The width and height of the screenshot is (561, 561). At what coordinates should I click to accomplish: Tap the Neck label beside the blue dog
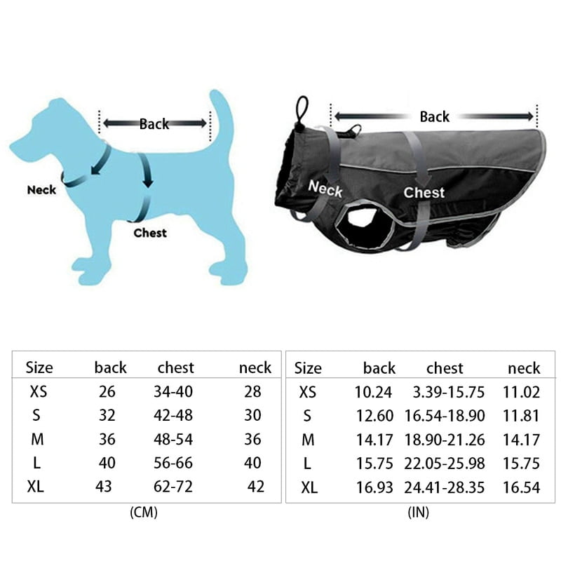[41, 189]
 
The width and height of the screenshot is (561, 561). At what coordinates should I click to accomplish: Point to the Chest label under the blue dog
[150, 233]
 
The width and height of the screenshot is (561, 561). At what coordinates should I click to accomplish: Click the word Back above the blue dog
[154, 124]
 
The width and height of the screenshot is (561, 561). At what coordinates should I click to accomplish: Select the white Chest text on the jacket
[424, 192]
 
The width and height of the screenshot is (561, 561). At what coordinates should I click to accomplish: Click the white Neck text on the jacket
[325, 189]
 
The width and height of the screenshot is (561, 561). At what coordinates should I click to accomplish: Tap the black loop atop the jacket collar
[302, 109]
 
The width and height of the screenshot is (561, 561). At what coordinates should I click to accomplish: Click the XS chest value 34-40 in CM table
[173, 392]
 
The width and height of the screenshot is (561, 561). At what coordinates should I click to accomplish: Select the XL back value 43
[103, 487]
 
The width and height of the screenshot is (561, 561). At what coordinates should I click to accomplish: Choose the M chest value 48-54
[173, 439]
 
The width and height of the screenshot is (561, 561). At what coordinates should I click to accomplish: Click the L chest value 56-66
[173, 463]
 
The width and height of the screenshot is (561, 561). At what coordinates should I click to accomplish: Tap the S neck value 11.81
[521, 416]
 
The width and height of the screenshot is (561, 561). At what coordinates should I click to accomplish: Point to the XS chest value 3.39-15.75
[445, 392]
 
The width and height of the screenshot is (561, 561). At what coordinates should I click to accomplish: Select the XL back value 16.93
[374, 487]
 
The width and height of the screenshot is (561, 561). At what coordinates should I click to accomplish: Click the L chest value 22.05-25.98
[445, 463]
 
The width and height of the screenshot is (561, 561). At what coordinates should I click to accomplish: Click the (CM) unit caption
[144, 513]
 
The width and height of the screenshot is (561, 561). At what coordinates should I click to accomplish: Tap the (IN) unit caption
[418, 513]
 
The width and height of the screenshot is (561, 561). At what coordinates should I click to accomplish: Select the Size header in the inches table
[308, 367]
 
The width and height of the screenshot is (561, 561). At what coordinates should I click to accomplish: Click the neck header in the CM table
[255, 367]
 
